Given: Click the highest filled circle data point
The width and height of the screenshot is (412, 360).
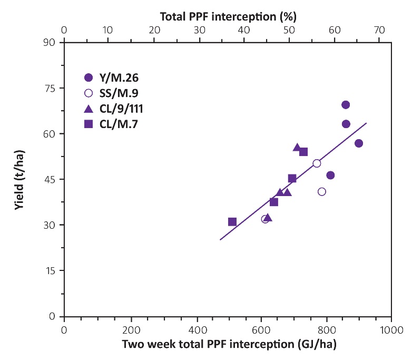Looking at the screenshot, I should (x=346, y=105).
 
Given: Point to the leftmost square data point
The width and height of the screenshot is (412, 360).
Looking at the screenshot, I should (x=232, y=222).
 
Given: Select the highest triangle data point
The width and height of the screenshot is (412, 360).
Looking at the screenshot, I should (x=297, y=148).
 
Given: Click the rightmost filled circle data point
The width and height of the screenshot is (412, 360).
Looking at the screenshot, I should (x=359, y=143).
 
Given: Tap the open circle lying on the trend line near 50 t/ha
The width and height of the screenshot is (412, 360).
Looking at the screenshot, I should (x=317, y=163).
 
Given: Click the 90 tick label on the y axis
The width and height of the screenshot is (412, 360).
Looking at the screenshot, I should (x=50, y=42).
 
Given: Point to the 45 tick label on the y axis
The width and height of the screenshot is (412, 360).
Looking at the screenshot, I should (x=50, y=179).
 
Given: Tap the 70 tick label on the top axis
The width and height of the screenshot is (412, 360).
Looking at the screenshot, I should (x=379, y=30).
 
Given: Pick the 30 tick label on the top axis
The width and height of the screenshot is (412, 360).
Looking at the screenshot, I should (x=199, y=30).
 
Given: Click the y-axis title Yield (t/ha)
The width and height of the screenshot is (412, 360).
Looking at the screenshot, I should (x=19, y=179).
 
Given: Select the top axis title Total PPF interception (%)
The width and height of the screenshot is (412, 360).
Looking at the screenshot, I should (x=227, y=16).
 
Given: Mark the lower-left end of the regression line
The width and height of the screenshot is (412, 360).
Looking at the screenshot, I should (x=220, y=240).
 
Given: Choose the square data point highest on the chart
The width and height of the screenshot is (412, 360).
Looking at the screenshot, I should (x=303, y=152).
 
